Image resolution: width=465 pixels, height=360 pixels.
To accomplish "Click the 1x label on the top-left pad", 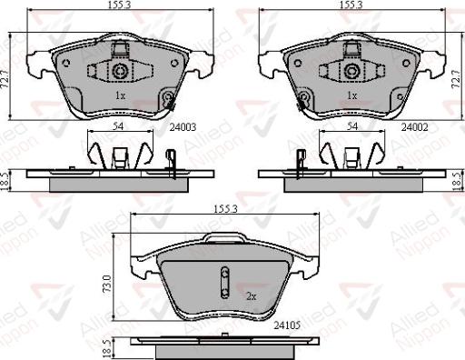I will click(x=119, y=95).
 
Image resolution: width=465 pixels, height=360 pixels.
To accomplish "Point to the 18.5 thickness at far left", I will click(x=8, y=178).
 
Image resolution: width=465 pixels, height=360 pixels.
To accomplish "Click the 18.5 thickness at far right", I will click(x=456, y=178).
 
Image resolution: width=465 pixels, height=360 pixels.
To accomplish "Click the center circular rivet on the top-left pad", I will click(x=119, y=71).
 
